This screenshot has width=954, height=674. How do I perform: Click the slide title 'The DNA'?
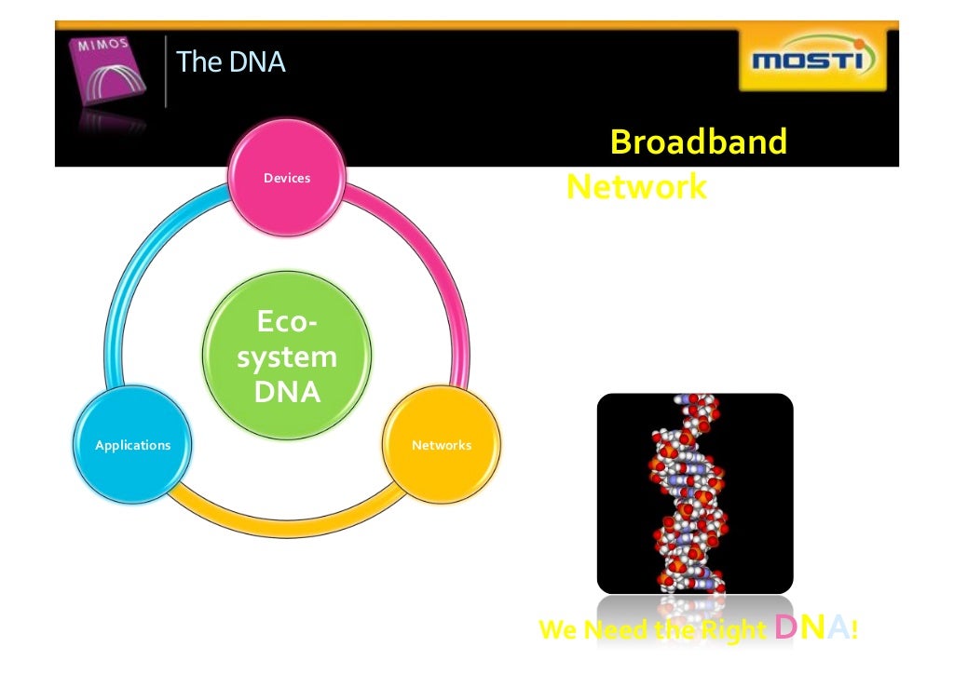click(x=230, y=62)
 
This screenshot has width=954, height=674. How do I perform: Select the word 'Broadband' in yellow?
click(x=698, y=142)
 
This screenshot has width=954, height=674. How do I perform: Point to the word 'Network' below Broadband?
click(x=636, y=187)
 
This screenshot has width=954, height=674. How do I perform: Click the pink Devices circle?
click(x=287, y=178)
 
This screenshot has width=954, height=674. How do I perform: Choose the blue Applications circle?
click(x=133, y=445)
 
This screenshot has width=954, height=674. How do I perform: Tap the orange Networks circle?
click(x=442, y=445)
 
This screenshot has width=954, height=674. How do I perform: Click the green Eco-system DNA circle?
click(x=287, y=357)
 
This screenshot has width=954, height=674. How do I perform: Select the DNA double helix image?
click(x=694, y=493)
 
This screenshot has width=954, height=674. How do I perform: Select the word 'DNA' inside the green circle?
click(x=287, y=392)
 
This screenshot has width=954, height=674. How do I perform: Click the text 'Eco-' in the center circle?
click(x=287, y=323)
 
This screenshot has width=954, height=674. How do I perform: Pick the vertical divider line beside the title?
click(x=166, y=72)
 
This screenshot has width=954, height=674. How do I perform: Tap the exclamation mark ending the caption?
click(x=853, y=630)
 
